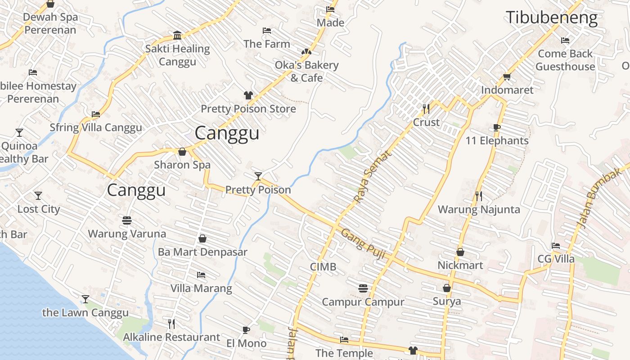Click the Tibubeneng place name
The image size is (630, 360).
[x=552, y=18]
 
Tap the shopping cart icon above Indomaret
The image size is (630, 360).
[x=507, y=77]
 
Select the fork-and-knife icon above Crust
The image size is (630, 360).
[x=426, y=108]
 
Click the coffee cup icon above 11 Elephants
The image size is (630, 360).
[x=497, y=128]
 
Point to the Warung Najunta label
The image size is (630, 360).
[x=479, y=209]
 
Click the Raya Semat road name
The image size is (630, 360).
[x=372, y=176]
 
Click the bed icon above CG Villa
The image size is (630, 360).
[x=556, y=246]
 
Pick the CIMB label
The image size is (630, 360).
[x=323, y=267]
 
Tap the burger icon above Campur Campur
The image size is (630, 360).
[x=363, y=288]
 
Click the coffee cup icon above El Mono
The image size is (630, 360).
[x=246, y=330]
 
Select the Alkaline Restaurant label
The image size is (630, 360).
[x=171, y=337]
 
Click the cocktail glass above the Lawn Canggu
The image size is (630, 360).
[x=85, y=299]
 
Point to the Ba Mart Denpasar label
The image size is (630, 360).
[x=202, y=252]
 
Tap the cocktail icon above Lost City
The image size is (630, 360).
[x=38, y=196]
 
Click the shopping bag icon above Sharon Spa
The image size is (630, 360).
[x=182, y=152]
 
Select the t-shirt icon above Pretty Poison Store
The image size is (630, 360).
[x=248, y=95]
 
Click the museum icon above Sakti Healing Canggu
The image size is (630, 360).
[x=177, y=36]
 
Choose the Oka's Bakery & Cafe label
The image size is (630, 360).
[x=306, y=71]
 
